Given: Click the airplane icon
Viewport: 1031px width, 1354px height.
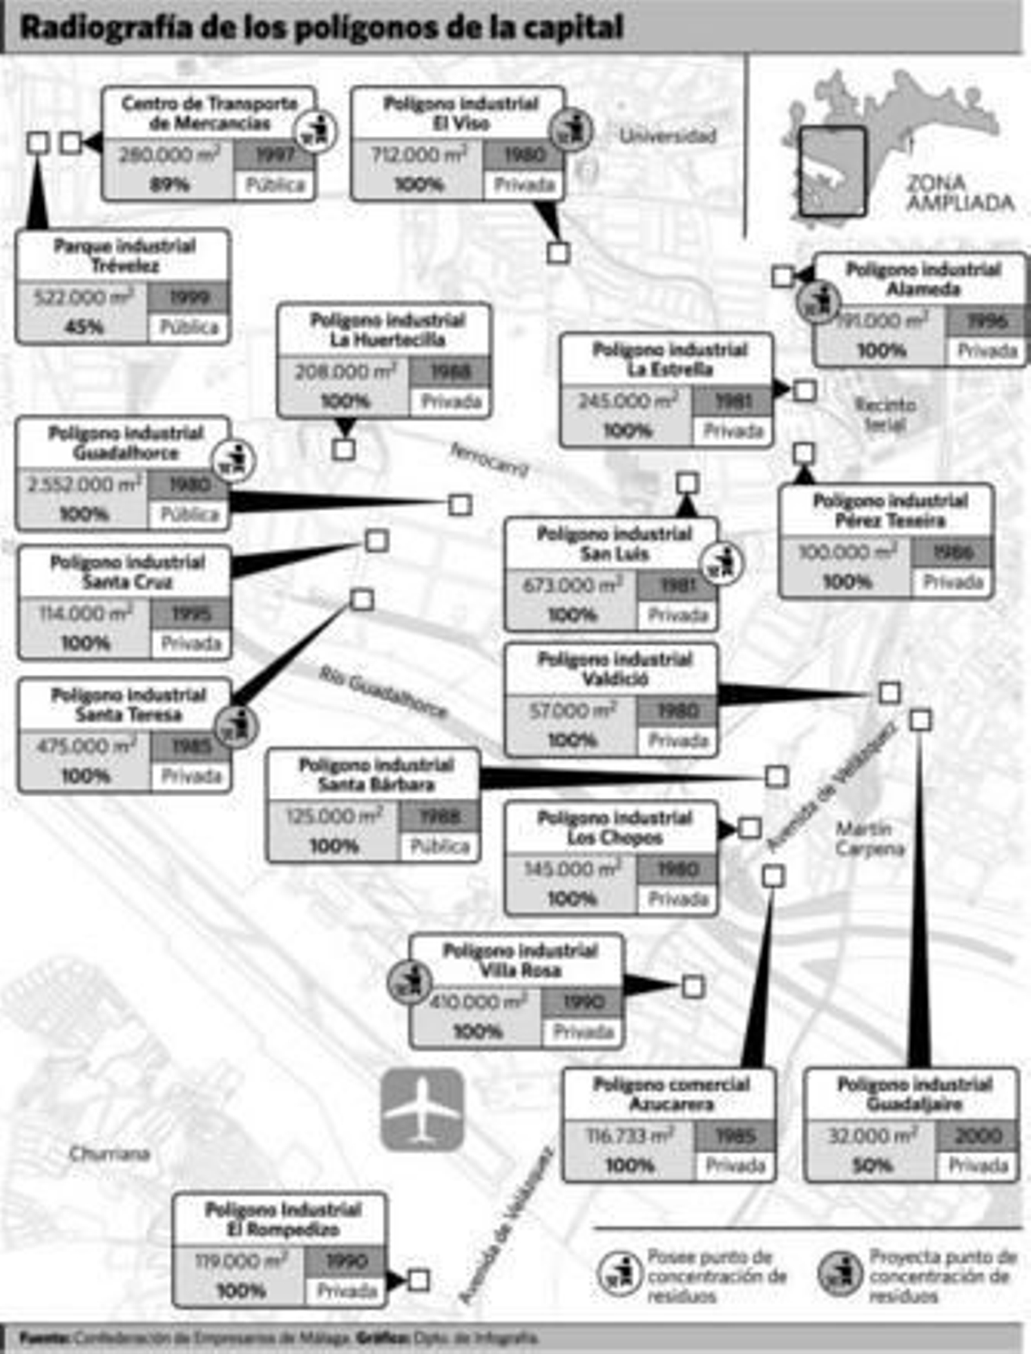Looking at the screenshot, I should point(422,1108).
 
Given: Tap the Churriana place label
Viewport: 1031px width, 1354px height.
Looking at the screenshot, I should point(110,1154).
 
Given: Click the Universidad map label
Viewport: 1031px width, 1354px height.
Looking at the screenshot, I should point(668,136).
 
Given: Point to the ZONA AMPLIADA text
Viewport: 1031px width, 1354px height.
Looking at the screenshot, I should point(960,193).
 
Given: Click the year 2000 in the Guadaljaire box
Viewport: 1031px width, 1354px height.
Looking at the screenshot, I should point(978,1136).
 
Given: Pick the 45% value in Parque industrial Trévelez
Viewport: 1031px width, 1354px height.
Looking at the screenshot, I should point(84,327).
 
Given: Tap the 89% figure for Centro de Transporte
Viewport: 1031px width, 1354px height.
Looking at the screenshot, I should point(169,185).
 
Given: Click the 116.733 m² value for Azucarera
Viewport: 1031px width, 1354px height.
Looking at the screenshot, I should point(630,1136).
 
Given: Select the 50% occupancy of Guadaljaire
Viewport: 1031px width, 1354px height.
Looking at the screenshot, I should point(872,1166).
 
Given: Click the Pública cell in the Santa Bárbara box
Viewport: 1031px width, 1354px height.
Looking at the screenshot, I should point(440,846).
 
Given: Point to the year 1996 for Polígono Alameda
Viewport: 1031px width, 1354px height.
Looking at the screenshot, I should point(987,322).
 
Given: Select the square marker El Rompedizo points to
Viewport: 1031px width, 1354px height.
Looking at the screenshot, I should point(419,1281).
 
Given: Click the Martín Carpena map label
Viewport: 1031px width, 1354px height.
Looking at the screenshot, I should point(870,838).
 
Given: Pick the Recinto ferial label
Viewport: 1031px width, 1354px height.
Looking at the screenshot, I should point(885,414).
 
